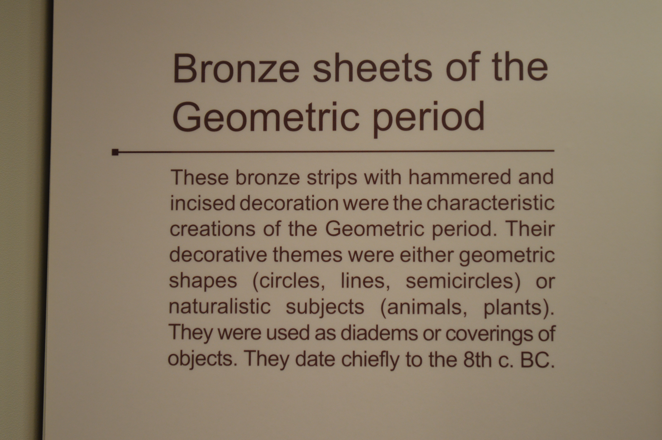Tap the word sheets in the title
click(x=372, y=67)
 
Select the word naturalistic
click(x=219, y=307)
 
